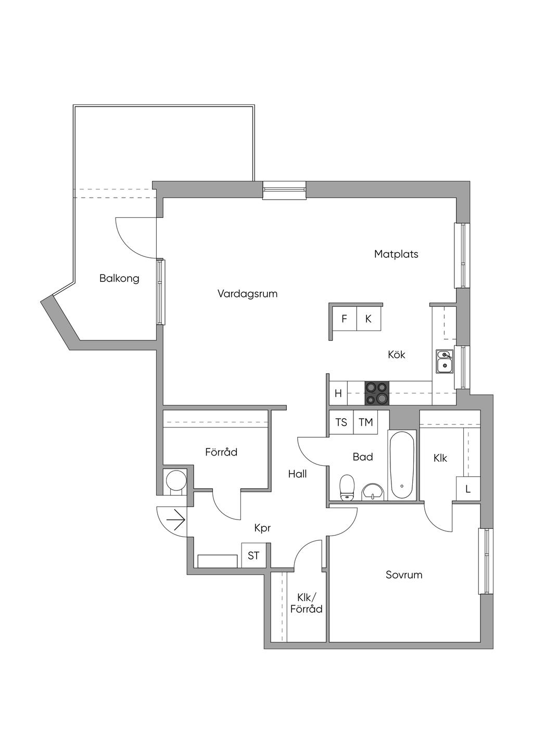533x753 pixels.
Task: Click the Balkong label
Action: [119, 278]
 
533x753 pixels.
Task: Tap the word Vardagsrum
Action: [247, 294]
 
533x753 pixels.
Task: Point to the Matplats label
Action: [396, 254]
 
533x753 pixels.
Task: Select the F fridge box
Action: [344, 319]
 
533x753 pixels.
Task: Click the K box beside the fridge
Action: [368, 319]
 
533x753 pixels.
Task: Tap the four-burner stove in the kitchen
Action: [377, 393]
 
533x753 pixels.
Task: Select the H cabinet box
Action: [338, 394]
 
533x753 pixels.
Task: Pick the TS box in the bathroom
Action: [341, 422]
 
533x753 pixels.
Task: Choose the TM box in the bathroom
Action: [366, 422]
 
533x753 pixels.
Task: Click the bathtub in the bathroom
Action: [402, 465]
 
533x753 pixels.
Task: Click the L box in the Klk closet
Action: [468, 489]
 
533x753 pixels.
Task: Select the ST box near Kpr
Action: [253, 555]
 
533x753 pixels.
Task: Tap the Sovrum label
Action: [404, 575]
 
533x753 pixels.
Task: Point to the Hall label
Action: [297, 474]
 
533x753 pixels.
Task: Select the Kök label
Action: [396, 355]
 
